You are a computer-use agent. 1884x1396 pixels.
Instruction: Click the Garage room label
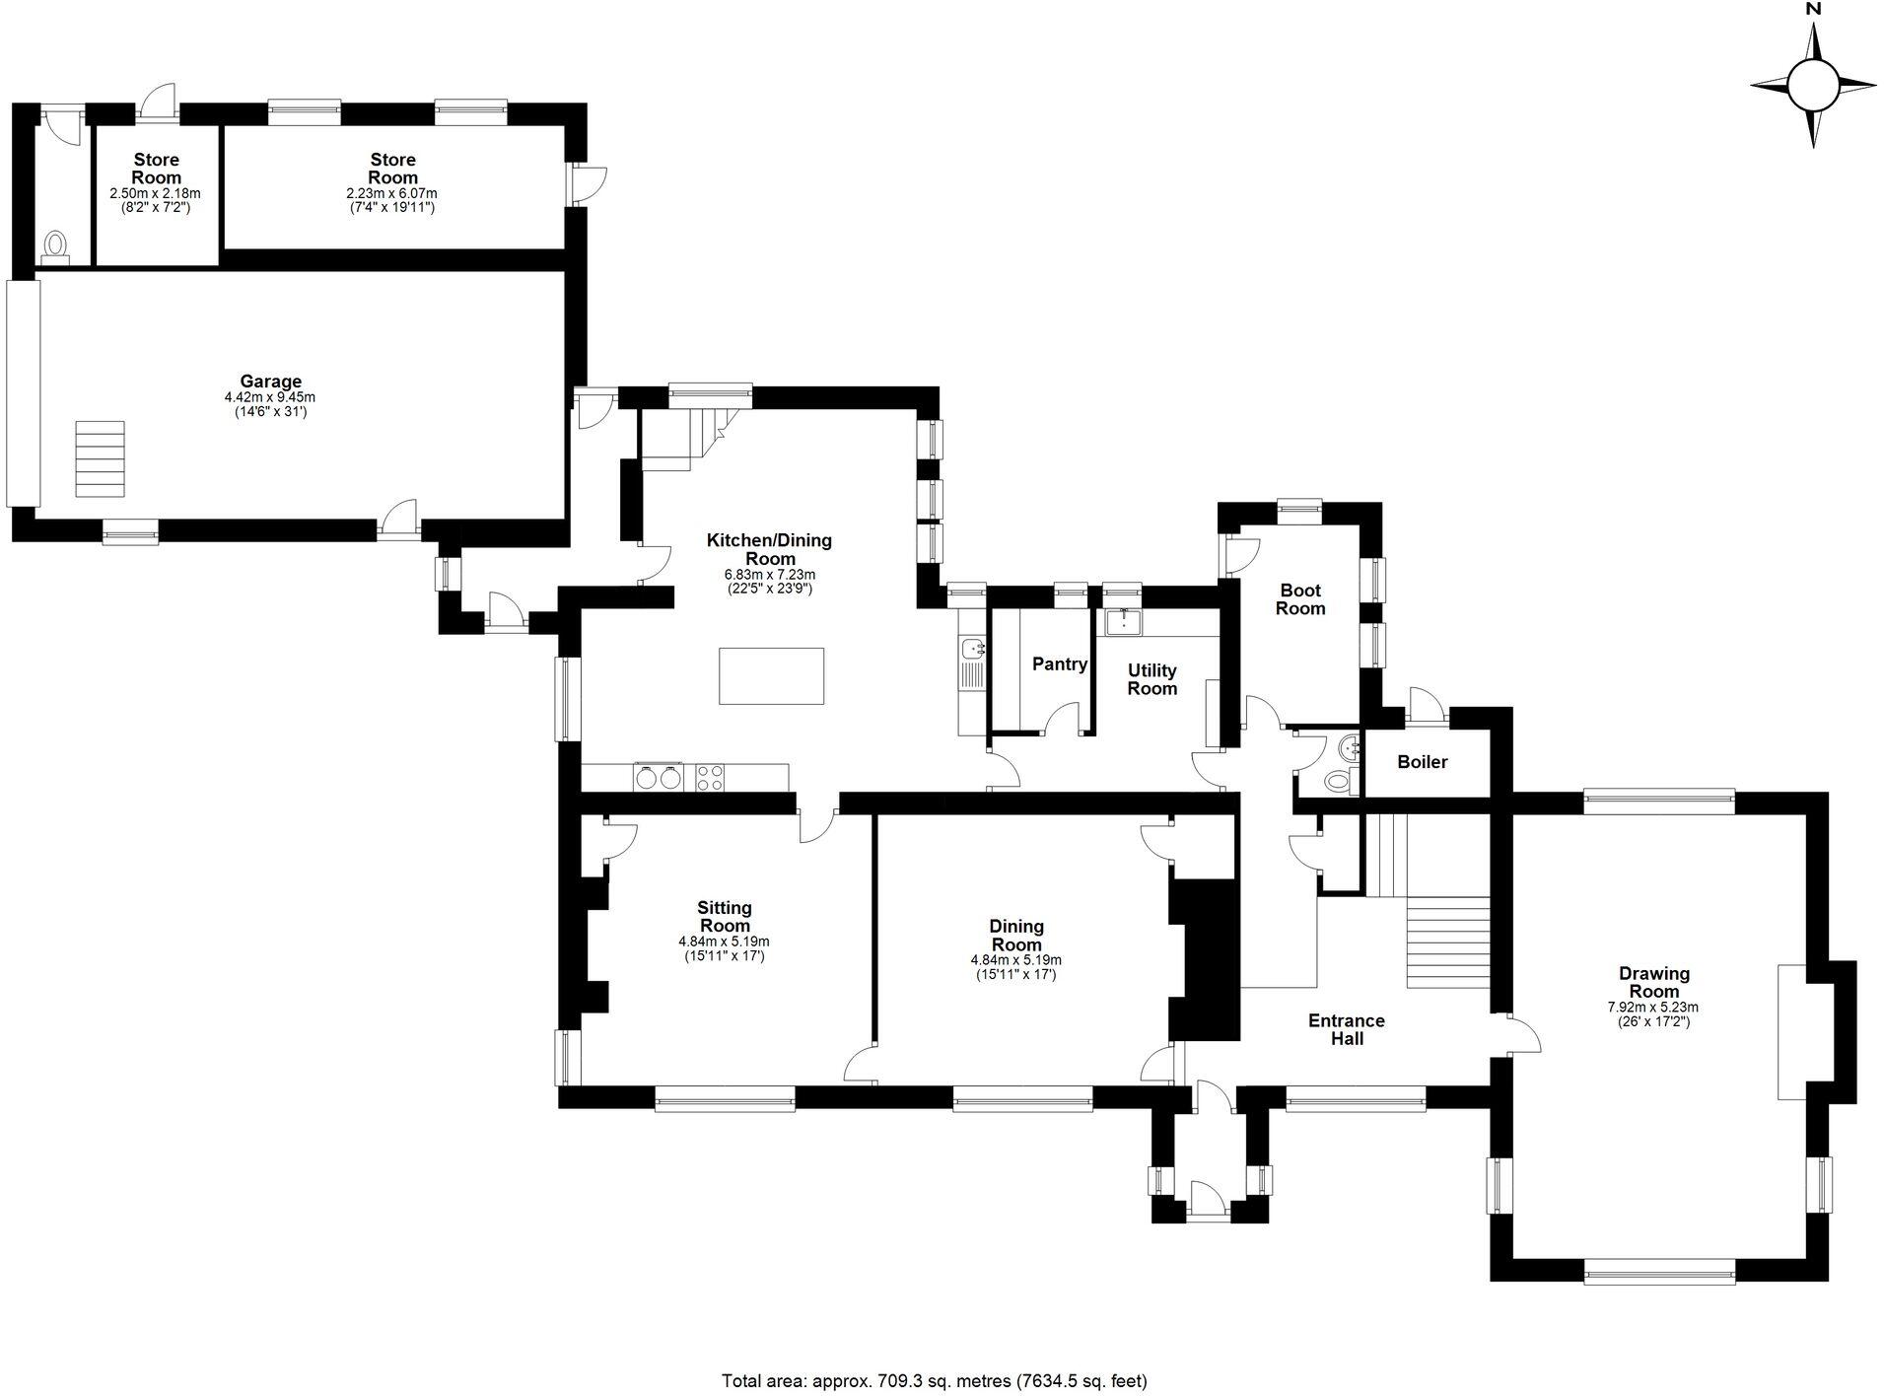pos(270,382)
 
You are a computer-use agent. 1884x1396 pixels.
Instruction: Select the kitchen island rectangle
pos(771,675)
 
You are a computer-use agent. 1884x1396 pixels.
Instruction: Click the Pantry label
pos(1059,664)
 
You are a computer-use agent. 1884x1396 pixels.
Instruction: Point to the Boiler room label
pos(1422,762)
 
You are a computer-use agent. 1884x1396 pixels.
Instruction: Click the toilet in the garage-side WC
pos(57,244)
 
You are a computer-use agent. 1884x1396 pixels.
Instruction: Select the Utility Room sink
pos(1123,622)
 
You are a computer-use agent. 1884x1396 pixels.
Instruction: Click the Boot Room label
pos(1299,599)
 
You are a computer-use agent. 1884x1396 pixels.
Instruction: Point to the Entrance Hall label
pos(1346,1029)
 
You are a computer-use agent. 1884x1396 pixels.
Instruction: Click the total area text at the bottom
pos(934,1380)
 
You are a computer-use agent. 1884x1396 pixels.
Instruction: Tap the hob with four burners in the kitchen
pos(711,777)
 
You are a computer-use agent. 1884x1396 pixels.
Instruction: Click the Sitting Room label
pos(725,917)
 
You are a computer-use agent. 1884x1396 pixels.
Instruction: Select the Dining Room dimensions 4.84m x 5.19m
pos(1015,959)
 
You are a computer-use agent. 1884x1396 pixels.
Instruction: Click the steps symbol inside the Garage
pos(100,458)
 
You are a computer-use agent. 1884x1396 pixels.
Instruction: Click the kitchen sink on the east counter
pos(973,649)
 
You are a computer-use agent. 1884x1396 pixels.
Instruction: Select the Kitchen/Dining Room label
pos(769,549)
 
